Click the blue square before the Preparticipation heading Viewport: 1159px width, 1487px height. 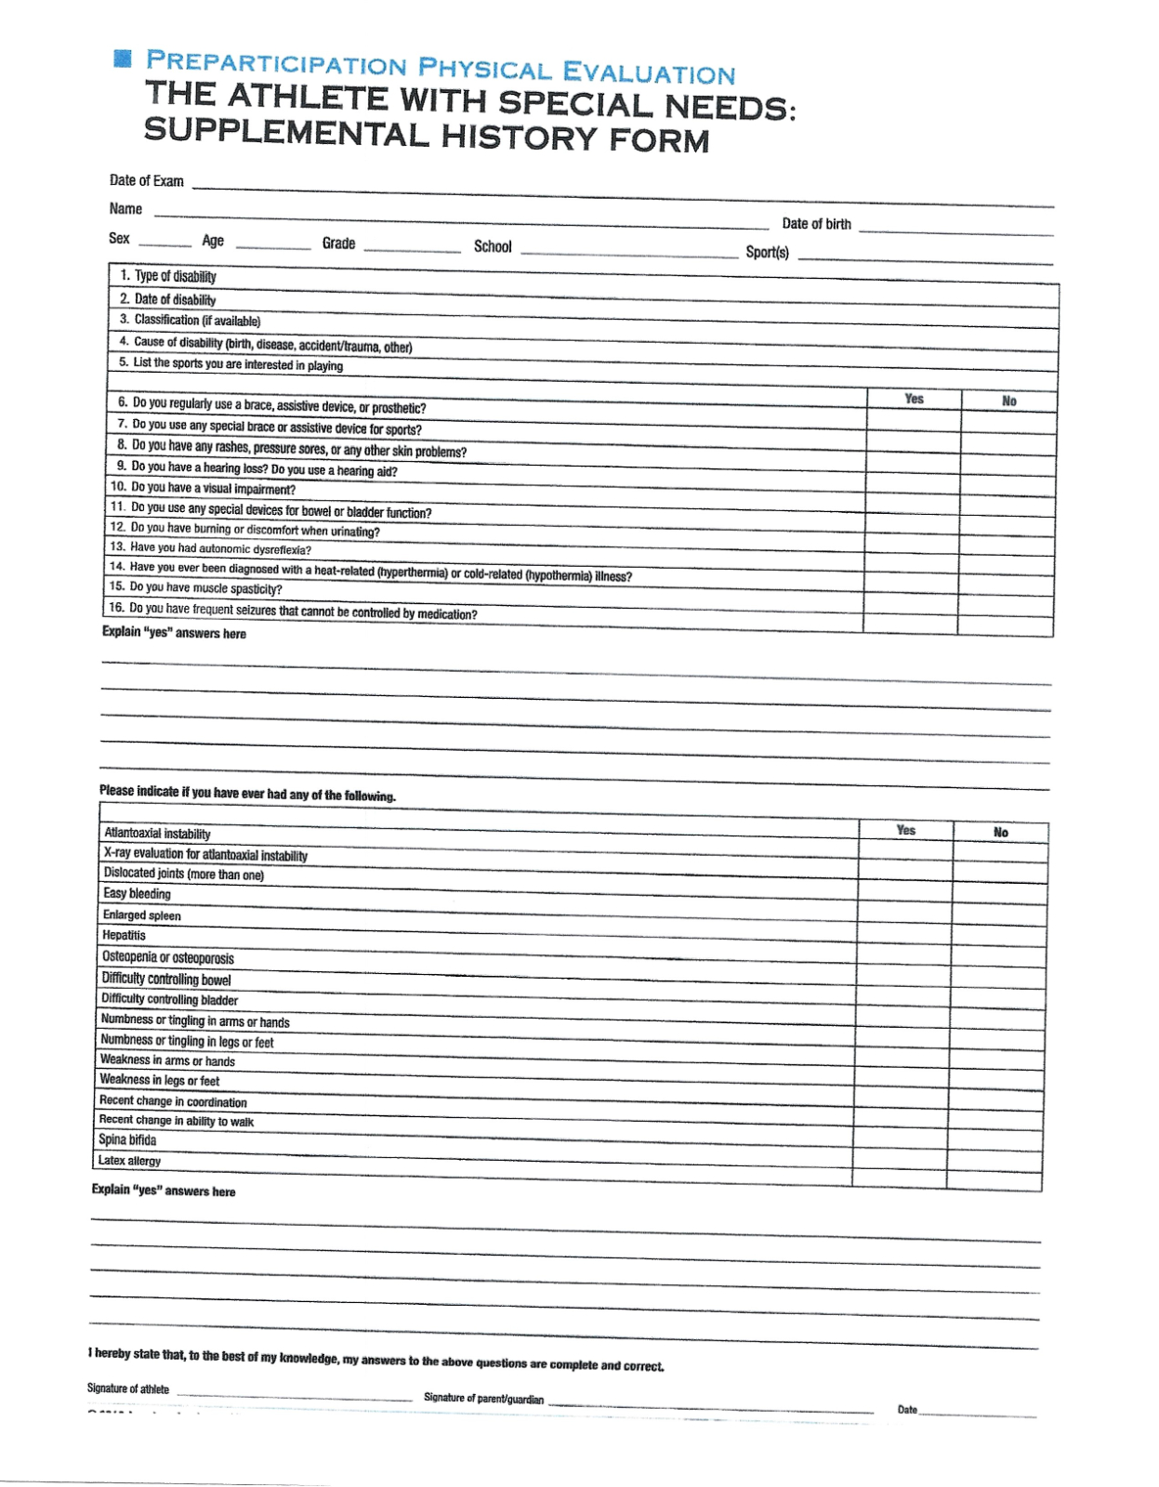click(x=122, y=59)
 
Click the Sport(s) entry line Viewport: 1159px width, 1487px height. click(x=925, y=256)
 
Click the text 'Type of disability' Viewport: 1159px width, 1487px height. click(x=175, y=276)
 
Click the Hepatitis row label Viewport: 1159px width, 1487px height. click(x=124, y=936)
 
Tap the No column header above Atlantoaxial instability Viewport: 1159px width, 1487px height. click(x=1000, y=832)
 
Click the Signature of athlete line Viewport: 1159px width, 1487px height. click(x=294, y=1394)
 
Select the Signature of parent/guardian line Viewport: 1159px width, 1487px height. click(x=711, y=1406)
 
